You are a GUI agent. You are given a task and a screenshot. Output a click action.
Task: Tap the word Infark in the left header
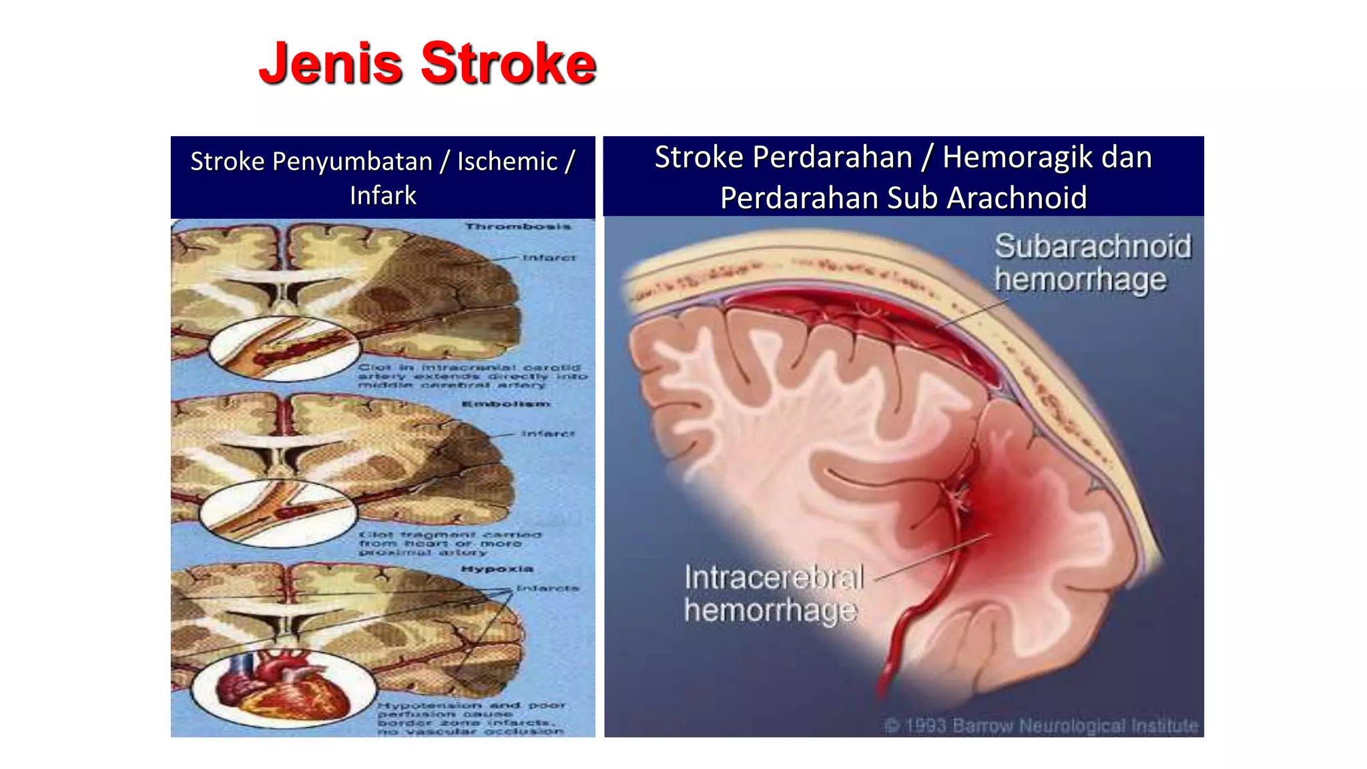[x=382, y=196]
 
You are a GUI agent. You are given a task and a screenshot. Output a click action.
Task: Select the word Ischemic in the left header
[x=507, y=162]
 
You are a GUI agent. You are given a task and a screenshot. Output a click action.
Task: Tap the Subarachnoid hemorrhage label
[x=1092, y=262]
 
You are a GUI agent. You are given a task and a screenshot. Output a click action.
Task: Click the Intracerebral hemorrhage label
[x=773, y=593]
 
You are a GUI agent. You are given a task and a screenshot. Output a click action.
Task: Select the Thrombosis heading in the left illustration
[x=518, y=227]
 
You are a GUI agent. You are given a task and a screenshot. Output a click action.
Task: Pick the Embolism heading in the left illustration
[x=506, y=404]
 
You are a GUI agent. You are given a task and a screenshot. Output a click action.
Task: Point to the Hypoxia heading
[x=497, y=569]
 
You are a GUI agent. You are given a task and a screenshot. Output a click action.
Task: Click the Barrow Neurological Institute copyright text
[x=1041, y=726]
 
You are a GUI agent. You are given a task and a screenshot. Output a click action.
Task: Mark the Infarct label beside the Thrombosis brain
[x=549, y=258]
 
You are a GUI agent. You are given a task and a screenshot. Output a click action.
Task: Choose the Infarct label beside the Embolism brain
[x=547, y=434]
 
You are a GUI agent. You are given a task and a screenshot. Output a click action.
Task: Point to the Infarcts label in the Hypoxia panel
[x=547, y=589]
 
